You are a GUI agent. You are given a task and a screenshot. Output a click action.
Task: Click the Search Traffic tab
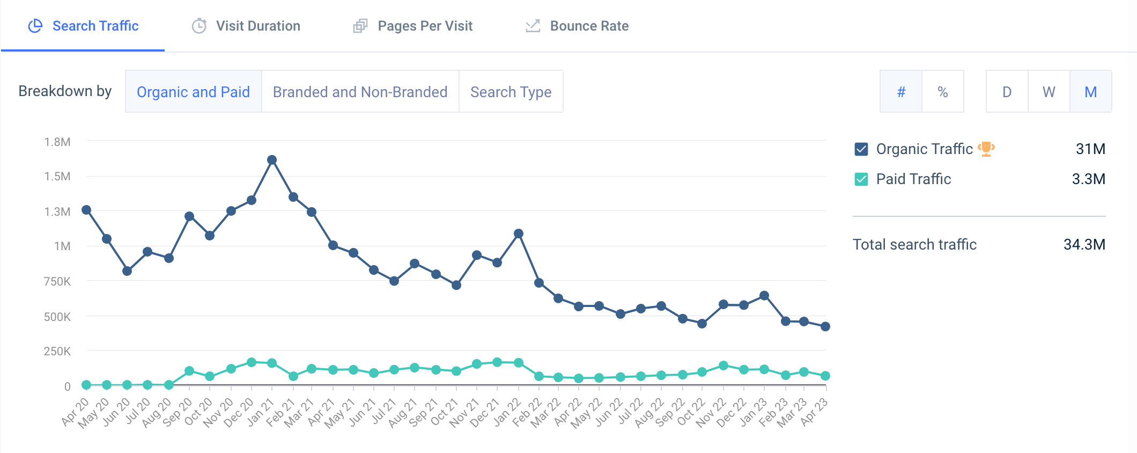[x=84, y=26]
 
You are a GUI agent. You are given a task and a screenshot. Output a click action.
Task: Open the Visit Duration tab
[x=246, y=26]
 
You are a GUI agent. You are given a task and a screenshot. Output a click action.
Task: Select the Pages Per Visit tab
[x=413, y=26]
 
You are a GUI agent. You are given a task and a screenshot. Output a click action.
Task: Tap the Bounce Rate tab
[x=577, y=26]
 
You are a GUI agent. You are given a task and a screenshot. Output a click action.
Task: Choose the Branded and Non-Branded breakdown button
[x=360, y=92]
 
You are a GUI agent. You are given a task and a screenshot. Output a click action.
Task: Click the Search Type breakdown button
[x=511, y=92]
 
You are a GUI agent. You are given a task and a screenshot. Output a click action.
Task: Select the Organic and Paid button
[x=193, y=92]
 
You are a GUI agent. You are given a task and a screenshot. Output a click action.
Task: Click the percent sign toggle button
[x=942, y=92]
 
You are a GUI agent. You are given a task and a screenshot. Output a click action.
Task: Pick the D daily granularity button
[x=1007, y=92]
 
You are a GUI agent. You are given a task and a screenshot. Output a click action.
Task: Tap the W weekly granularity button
[x=1049, y=92]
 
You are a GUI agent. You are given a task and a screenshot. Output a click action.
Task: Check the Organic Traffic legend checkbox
[x=861, y=149]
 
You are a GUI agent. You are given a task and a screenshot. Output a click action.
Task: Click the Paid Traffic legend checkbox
[x=861, y=179]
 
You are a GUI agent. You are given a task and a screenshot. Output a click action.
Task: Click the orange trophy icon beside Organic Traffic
[x=986, y=149]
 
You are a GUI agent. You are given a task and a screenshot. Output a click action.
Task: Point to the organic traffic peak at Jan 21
[x=272, y=160]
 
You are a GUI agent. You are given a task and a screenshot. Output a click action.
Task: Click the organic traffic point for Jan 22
[x=519, y=233]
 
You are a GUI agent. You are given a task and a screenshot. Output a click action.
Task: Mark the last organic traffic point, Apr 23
[x=825, y=326]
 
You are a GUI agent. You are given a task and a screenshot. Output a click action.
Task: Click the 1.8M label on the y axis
[x=57, y=142]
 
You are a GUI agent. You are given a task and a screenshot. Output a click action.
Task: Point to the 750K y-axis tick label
[x=57, y=281]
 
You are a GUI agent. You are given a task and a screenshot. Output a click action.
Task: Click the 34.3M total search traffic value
[x=1084, y=245]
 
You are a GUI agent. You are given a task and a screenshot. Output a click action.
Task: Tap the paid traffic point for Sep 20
[x=189, y=371]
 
